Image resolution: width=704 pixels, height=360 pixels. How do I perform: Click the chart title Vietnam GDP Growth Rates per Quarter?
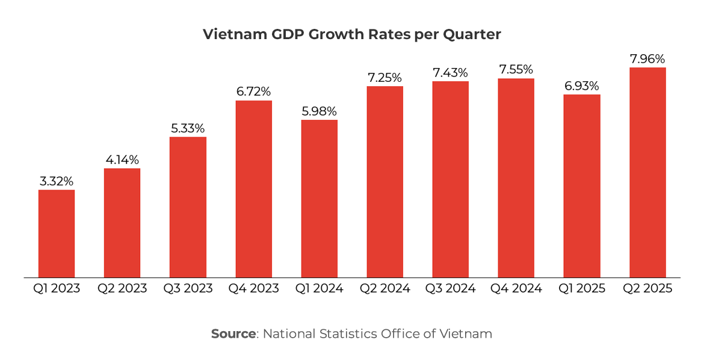click(x=352, y=34)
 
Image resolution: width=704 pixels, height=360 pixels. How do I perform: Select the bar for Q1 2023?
click(x=57, y=234)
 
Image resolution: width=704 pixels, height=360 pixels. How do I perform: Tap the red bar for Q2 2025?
click(x=647, y=172)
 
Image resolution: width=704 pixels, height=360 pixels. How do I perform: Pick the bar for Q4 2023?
click(x=253, y=189)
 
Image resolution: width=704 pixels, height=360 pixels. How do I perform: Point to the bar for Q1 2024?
click(x=320, y=199)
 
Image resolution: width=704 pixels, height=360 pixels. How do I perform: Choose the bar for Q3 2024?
click(x=451, y=179)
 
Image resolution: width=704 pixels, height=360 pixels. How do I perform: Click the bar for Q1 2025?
click(x=582, y=186)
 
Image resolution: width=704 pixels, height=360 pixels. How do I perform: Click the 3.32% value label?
click(x=57, y=181)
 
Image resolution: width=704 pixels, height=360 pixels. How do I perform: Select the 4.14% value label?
click(x=122, y=160)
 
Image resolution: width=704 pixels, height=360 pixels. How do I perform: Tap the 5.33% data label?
click(x=188, y=128)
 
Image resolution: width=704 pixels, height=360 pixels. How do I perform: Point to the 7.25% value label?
click(x=385, y=78)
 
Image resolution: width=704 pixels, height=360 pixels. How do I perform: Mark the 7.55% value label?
click(x=516, y=70)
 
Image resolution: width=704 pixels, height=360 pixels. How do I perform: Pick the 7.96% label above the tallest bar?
click(x=647, y=59)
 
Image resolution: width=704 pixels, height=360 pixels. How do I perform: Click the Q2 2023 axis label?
click(x=122, y=288)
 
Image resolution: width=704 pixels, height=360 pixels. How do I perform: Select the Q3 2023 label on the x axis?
click(x=188, y=288)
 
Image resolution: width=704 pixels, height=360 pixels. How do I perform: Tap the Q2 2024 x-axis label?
click(x=385, y=288)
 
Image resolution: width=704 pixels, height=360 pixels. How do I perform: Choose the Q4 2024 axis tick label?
click(x=516, y=288)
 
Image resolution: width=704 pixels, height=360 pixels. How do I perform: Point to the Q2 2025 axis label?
click(x=647, y=288)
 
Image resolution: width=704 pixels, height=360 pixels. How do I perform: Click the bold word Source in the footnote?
click(x=233, y=334)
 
